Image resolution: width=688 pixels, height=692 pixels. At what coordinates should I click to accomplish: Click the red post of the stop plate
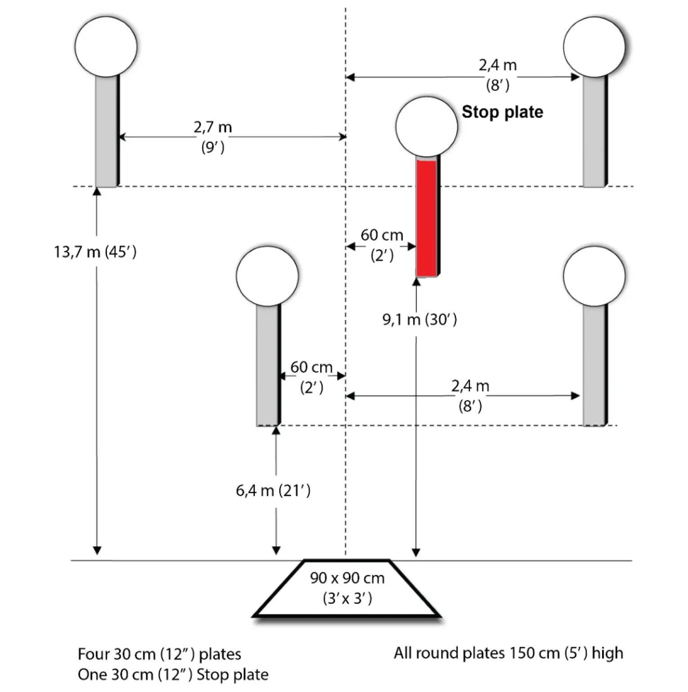[x=427, y=218]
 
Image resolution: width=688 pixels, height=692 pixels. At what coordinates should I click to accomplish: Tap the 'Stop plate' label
[x=502, y=112]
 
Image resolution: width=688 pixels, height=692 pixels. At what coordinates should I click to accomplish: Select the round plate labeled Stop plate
[x=427, y=127]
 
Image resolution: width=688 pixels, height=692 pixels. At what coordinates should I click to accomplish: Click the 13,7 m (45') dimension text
[x=95, y=252]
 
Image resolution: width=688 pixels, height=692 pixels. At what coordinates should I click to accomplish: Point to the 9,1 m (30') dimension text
[x=420, y=319]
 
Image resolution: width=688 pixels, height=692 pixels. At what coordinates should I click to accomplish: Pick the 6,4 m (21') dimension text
[x=273, y=490]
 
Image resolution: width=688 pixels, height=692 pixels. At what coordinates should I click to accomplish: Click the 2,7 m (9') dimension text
[x=213, y=137]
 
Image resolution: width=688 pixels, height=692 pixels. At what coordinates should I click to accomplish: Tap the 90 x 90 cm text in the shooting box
[x=347, y=578]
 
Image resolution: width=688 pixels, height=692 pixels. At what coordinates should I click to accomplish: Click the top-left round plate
[x=106, y=47]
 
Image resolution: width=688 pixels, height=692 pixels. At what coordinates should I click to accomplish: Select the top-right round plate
[x=594, y=47]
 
